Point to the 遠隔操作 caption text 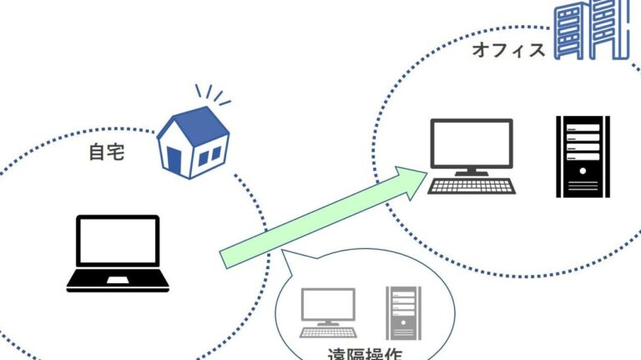pyautogui.click(x=364, y=354)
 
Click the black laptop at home pyautogui.click(x=118, y=253)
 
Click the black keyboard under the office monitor pyautogui.click(x=471, y=185)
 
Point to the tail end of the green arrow pyautogui.click(x=225, y=256)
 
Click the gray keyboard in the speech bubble pyautogui.click(x=328, y=331)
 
